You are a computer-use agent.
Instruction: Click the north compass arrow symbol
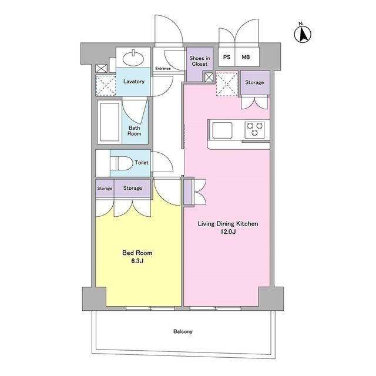303,34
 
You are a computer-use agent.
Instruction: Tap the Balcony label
183,331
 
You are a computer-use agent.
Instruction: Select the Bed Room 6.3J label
137,257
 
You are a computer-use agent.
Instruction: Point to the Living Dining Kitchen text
228,224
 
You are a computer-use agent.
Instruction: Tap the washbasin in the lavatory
133,58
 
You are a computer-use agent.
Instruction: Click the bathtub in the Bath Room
110,122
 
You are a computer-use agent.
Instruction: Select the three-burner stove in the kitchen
254,130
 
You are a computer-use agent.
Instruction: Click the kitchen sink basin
222,130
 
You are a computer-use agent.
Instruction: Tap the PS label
227,57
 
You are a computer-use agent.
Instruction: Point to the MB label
246,57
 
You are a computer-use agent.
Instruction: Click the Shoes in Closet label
200,61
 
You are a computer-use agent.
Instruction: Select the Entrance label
163,68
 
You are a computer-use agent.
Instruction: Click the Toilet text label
142,163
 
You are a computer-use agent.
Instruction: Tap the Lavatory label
134,82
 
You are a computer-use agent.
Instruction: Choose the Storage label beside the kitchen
254,82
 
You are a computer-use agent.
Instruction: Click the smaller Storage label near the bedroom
105,189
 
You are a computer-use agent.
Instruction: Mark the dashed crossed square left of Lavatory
106,85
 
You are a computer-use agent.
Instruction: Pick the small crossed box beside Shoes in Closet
209,77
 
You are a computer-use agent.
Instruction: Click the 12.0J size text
228,232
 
